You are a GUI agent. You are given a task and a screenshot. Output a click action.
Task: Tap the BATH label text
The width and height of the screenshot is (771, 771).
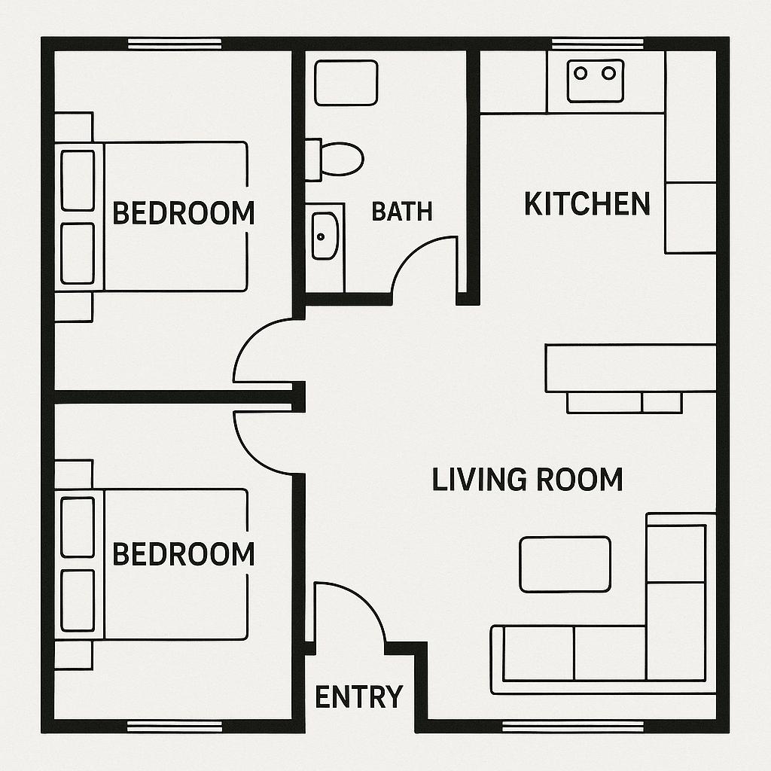click(402, 212)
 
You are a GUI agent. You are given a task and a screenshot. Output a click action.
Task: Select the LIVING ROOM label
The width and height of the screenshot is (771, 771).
click(528, 480)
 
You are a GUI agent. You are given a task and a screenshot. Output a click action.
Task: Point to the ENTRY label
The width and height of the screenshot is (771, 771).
click(359, 696)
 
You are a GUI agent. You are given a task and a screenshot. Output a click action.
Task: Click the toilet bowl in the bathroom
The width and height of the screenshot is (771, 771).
click(341, 159)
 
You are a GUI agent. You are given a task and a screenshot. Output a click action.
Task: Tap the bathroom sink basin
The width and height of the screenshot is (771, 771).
click(325, 236)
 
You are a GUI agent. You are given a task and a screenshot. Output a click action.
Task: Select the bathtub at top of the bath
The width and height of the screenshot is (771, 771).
click(346, 83)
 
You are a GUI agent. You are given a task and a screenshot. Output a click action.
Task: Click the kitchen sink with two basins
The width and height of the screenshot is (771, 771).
click(596, 81)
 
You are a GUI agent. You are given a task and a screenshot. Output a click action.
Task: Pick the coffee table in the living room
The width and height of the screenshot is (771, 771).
click(565, 564)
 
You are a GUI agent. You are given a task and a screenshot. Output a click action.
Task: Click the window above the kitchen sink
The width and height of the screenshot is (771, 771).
click(597, 44)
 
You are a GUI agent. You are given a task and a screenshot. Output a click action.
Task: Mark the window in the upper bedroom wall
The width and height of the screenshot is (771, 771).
click(175, 44)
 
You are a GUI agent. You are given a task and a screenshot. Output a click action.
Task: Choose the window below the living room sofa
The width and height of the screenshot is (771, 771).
click(573, 727)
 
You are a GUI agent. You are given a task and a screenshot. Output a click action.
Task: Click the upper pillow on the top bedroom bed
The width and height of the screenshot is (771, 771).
click(78, 181)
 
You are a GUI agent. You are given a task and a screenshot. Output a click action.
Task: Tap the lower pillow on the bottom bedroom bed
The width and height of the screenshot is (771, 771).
click(78, 600)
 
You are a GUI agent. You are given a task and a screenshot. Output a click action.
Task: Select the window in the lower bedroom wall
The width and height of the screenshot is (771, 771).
click(175, 727)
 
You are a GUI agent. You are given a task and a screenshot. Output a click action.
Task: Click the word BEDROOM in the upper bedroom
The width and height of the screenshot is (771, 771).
click(184, 213)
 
